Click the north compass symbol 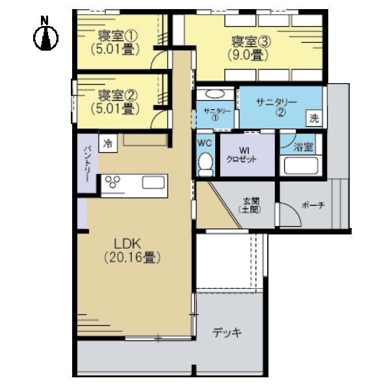(x=45, y=34)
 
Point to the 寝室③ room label (x=251, y=42)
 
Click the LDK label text (x=127, y=244)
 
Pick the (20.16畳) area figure (x=132, y=257)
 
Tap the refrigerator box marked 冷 (x=108, y=143)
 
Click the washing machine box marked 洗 (x=314, y=118)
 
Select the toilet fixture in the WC (x=205, y=164)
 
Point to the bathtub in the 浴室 (x=301, y=166)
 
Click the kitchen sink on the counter (x=153, y=182)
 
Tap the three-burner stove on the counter (x=112, y=181)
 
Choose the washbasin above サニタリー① (x=215, y=94)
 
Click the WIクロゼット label (x=241, y=155)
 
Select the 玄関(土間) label (x=250, y=205)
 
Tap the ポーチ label (x=313, y=205)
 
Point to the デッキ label (x=227, y=333)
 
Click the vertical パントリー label (x=87, y=164)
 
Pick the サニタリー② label (x=277, y=107)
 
